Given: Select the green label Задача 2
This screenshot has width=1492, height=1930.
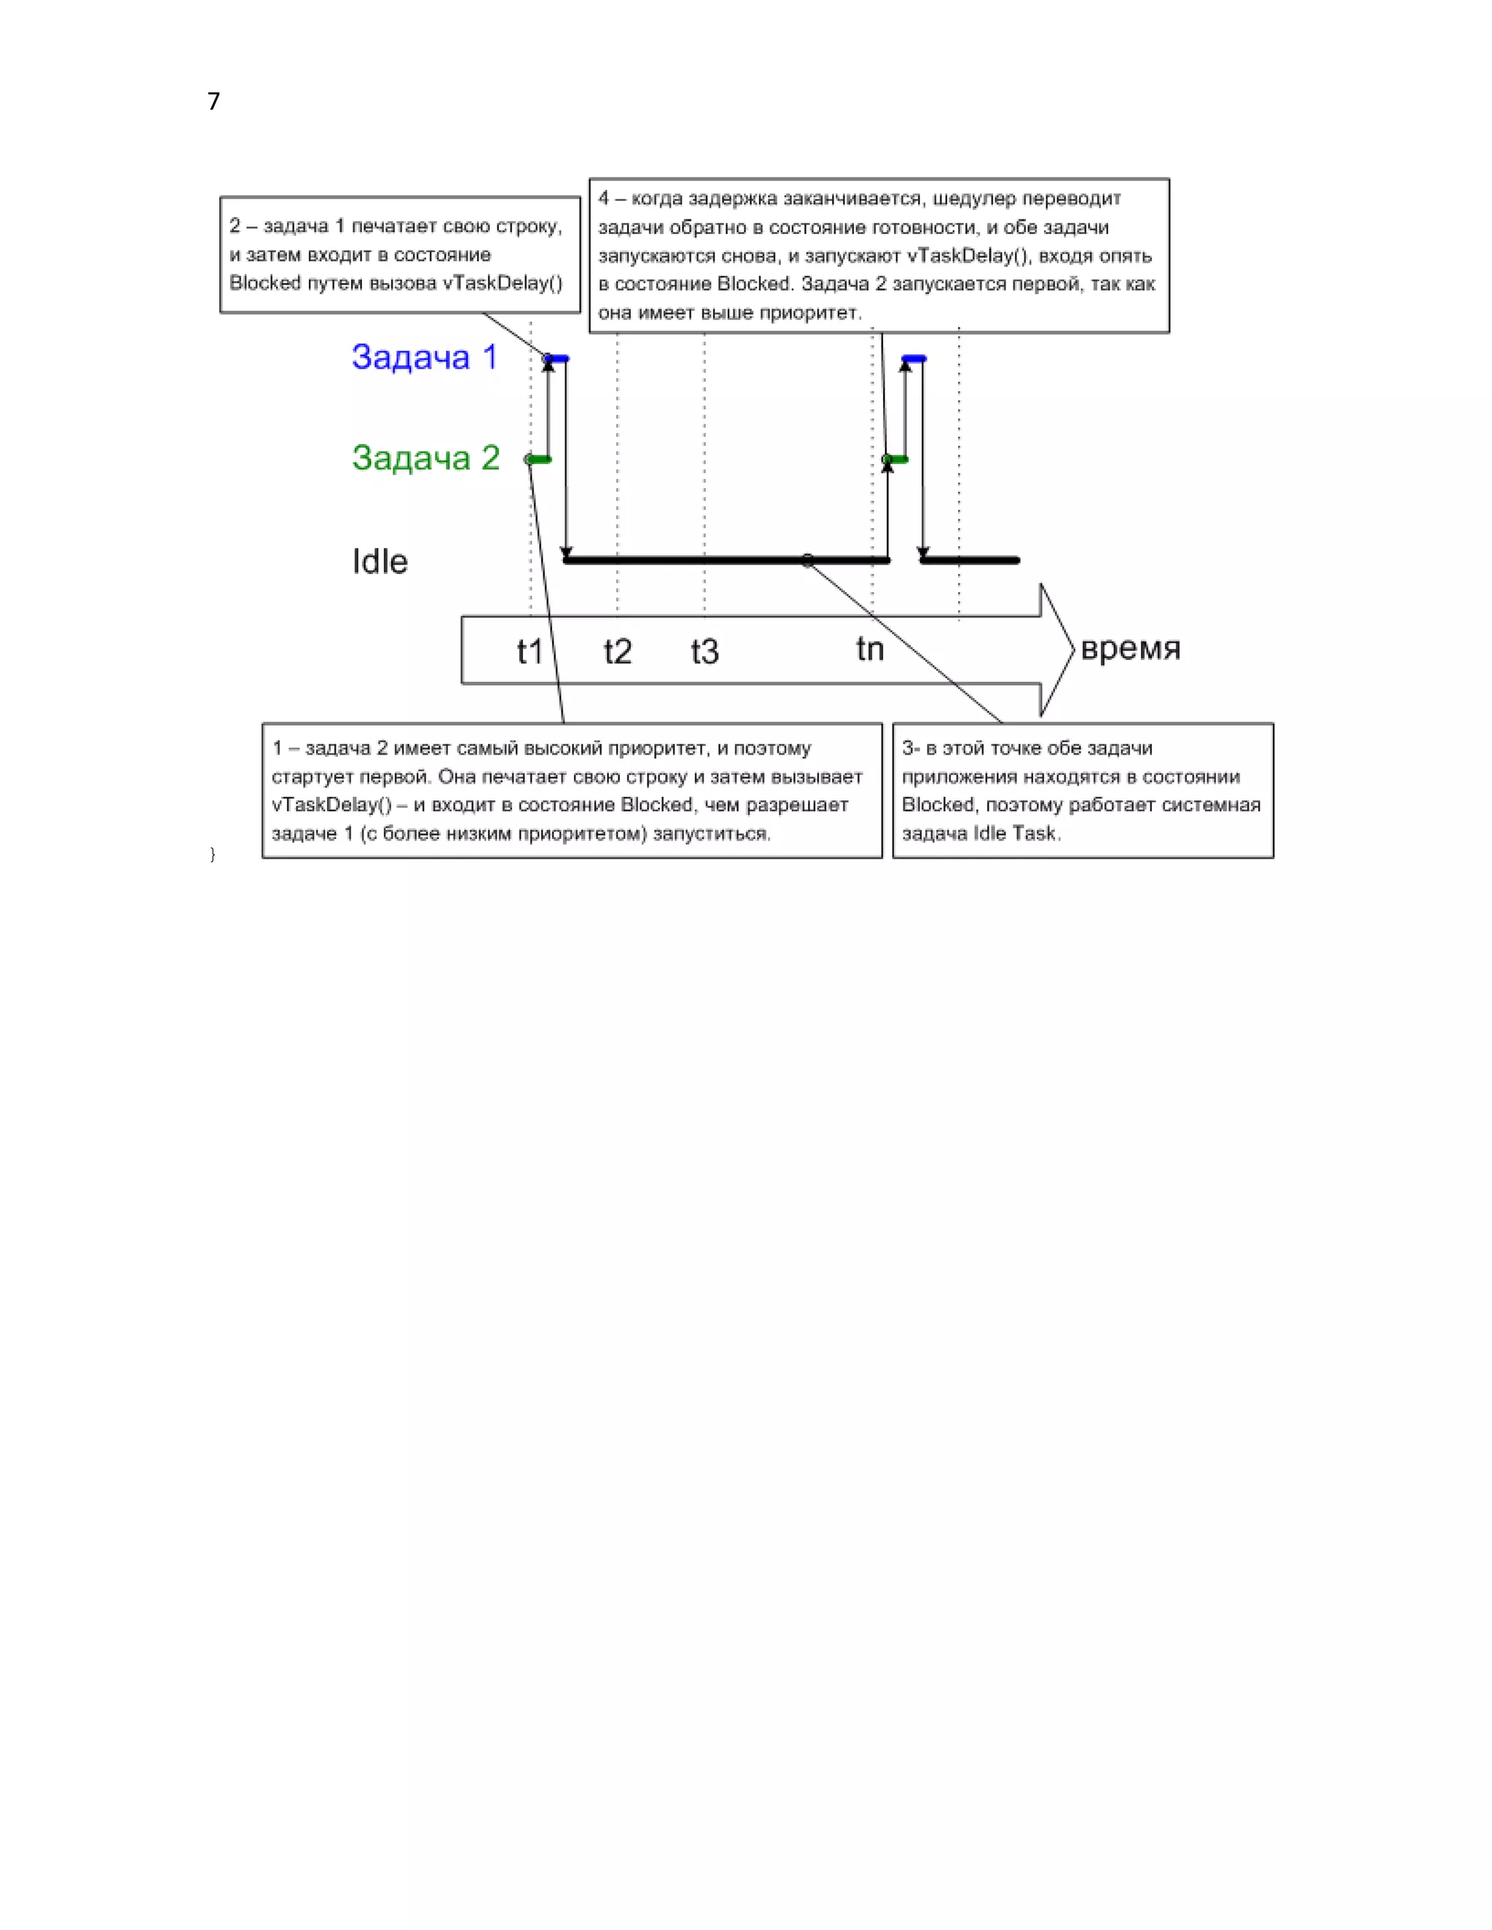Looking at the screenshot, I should [x=425, y=458].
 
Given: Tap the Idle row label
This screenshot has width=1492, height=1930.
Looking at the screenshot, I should [x=380, y=562].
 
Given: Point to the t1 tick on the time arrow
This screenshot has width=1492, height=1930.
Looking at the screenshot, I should [x=530, y=652].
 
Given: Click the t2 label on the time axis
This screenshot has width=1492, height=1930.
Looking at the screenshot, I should [x=617, y=652].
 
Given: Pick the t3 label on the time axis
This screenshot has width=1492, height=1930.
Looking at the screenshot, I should [x=704, y=652].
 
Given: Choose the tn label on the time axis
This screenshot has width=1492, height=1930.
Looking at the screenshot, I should [x=870, y=650].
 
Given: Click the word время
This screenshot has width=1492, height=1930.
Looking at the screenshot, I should [x=1130, y=649].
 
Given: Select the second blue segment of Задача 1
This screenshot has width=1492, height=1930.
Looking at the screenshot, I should [x=914, y=359].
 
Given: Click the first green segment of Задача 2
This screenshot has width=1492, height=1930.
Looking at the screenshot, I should [x=539, y=460].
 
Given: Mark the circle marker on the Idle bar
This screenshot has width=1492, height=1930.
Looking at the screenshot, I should [x=807, y=560].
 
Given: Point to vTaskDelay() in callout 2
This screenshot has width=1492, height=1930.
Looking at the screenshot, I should [x=502, y=283].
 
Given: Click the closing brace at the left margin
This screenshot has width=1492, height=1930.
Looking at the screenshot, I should [x=212, y=854].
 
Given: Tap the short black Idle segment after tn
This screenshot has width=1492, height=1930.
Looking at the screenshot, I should [x=970, y=560].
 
